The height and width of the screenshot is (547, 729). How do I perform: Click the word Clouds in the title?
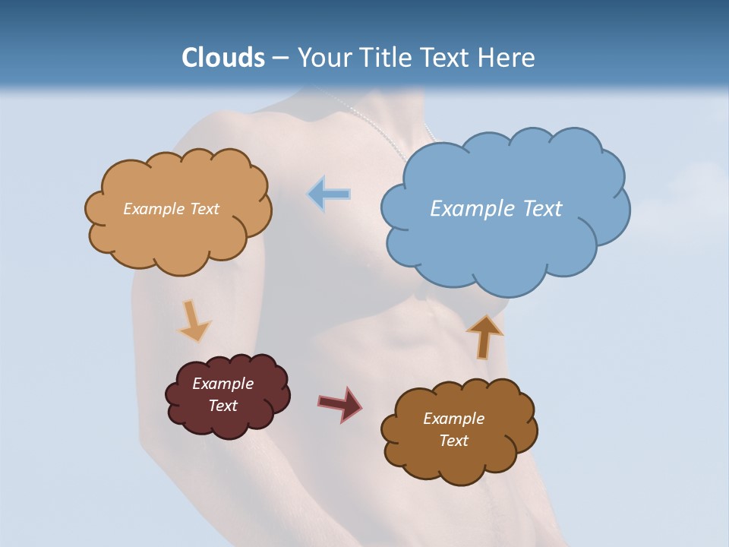tap(223, 58)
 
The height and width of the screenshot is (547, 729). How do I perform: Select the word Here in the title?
tap(507, 58)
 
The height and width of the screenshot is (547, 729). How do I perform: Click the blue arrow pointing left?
tap(329, 194)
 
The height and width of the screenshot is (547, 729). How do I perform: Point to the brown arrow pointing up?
tap(484, 336)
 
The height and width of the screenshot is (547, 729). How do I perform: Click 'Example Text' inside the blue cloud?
tap(496, 208)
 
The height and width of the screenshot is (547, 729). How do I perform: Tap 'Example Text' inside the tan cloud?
tap(171, 208)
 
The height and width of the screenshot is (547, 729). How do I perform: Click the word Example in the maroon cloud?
tap(222, 384)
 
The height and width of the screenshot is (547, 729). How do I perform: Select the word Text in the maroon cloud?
tap(222, 406)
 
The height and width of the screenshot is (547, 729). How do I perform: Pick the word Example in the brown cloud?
tap(453, 419)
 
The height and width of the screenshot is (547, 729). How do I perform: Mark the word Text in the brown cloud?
tap(453, 441)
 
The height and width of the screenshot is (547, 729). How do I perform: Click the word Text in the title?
tap(447, 58)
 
